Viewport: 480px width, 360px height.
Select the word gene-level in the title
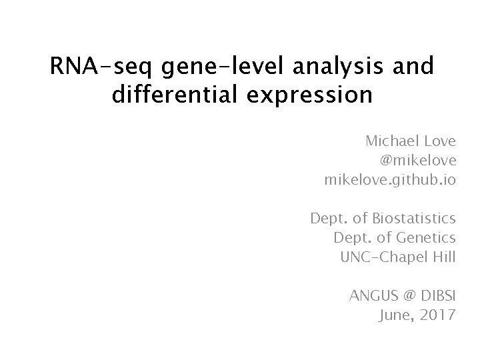pyautogui.click(x=215, y=67)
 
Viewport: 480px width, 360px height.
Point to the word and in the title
pyautogui.click(x=415, y=67)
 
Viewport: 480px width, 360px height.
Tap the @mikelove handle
pyautogui.click(x=418, y=161)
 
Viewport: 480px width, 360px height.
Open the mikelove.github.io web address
pyautogui.click(x=390, y=180)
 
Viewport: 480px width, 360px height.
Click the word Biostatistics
pyautogui.click(x=415, y=218)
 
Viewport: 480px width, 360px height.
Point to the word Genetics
pyautogui.click(x=425, y=237)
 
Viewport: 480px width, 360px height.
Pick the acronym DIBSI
pyautogui.click(x=437, y=295)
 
